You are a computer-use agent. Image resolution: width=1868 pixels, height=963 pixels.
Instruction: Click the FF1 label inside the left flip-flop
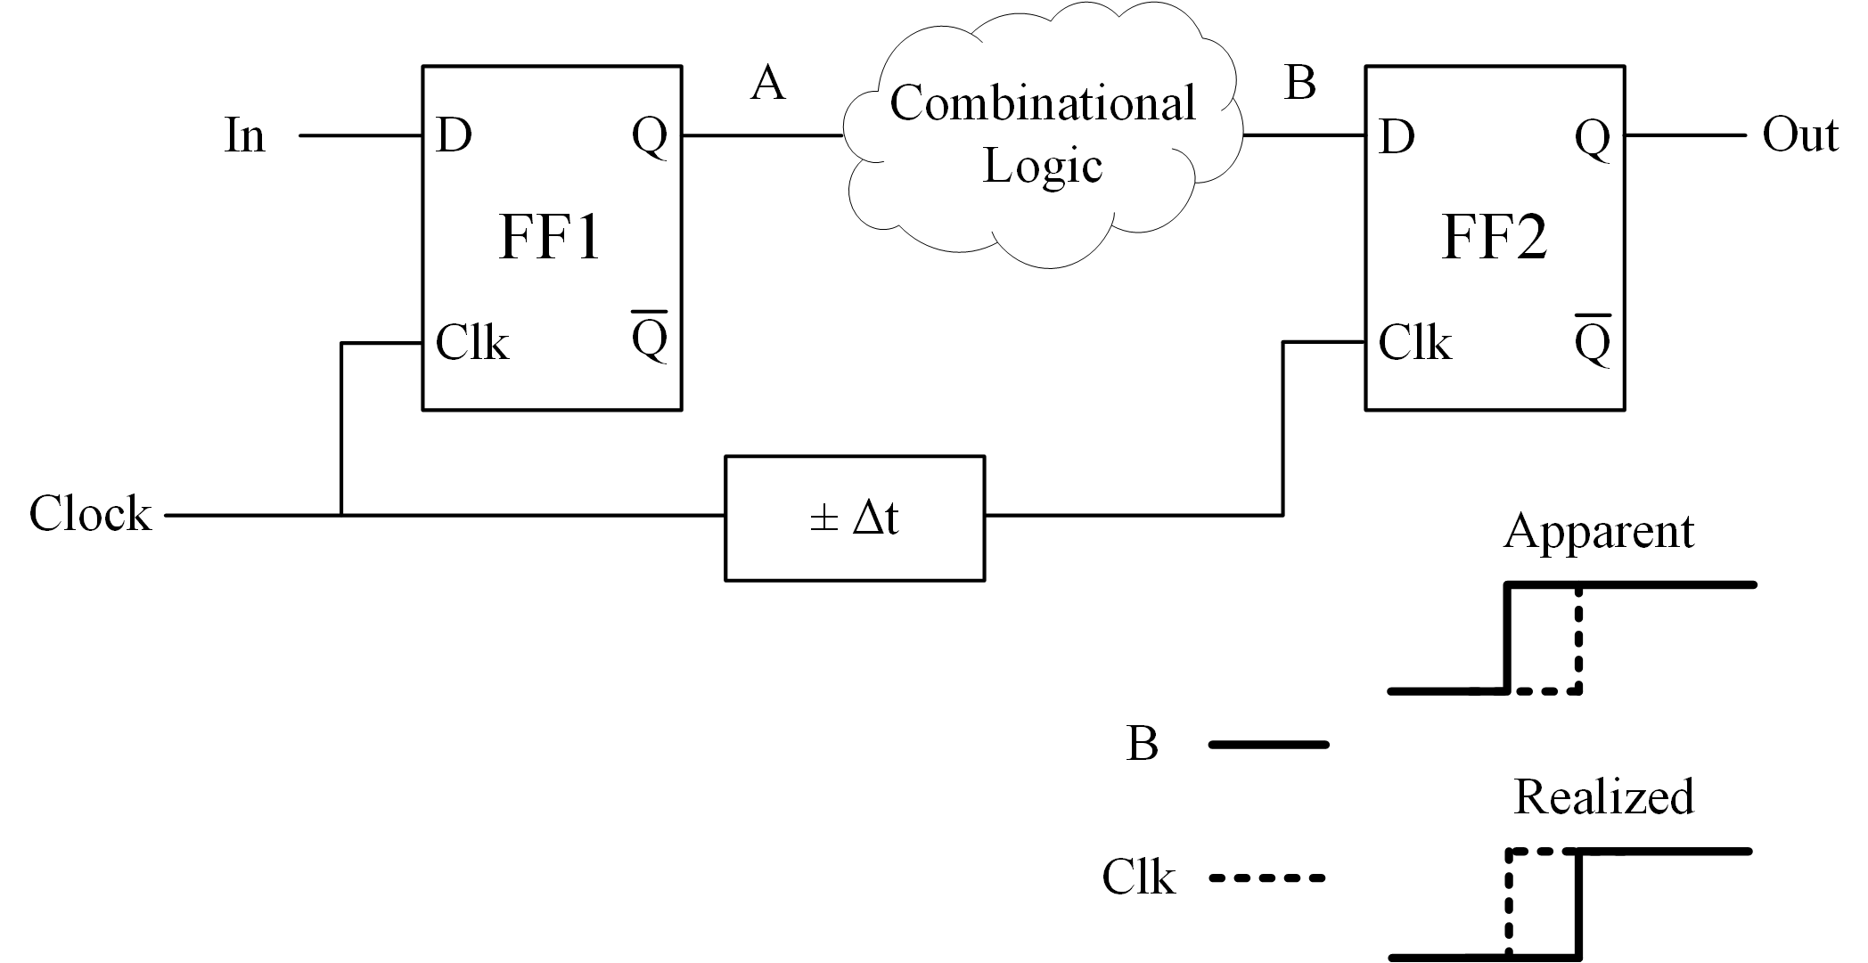point(550,238)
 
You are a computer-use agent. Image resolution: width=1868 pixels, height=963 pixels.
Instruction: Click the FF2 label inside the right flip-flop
point(1494,238)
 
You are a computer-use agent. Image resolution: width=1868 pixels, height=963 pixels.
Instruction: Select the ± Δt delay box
point(855,518)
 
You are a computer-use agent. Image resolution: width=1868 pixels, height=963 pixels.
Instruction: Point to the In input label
point(245,136)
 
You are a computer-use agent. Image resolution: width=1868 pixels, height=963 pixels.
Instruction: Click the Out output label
point(1799,135)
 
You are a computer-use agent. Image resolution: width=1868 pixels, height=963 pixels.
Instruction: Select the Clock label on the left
point(90,514)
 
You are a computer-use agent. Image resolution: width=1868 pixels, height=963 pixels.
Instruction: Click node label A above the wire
point(768,84)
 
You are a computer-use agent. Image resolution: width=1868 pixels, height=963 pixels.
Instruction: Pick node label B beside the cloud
point(1299,84)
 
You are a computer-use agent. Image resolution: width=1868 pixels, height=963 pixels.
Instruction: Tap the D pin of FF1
point(454,136)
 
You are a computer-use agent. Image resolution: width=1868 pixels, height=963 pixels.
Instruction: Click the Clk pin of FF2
point(1414,343)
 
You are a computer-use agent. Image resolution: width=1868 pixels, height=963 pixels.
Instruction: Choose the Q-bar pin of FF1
point(649,338)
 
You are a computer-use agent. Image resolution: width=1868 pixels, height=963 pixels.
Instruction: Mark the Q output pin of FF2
point(1592,137)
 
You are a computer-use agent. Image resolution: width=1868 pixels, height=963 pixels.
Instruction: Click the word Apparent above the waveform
point(1599,532)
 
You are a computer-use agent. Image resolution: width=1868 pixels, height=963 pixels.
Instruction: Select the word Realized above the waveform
point(1603,796)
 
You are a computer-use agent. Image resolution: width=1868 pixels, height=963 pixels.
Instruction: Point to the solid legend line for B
point(1268,745)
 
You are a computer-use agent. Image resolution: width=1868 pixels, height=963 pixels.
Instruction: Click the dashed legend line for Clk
point(1266,878)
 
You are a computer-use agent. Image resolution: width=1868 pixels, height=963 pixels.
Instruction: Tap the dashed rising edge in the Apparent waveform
point(1578,640)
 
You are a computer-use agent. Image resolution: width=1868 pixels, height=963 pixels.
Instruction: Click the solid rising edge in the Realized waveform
point(1578,904)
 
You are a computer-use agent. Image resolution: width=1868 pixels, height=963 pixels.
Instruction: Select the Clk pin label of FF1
point(471,343)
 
